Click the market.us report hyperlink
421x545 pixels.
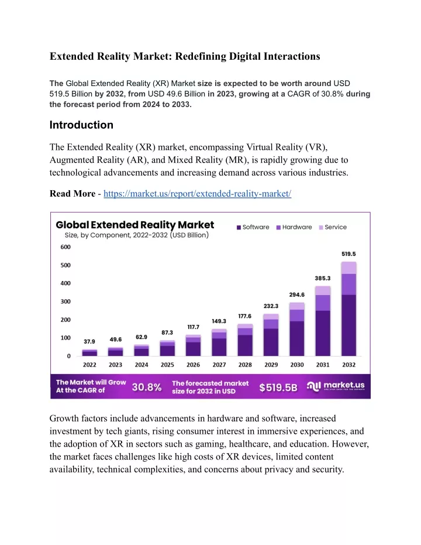[197, 194]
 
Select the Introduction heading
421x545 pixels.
[81, 125]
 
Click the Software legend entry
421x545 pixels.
[253, 227]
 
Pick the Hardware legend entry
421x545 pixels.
[294, 227]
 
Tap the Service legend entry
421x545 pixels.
[333, 227]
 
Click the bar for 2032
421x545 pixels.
[349, 309]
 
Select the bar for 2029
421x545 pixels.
[271, 335]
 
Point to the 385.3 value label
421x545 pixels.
[322, 279]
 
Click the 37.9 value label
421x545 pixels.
[89, 342]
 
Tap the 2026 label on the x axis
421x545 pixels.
[193, 365]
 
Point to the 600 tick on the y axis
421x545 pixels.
[65, 247]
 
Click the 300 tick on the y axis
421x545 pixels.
[65, 301]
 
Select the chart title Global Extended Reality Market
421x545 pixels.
[134, 225]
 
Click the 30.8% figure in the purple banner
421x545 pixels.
[146, 387]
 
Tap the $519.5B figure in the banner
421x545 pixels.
[278, 388]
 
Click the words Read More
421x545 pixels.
[73, 194]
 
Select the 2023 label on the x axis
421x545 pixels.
[115, 365]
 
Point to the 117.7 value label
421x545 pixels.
[194, 327]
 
